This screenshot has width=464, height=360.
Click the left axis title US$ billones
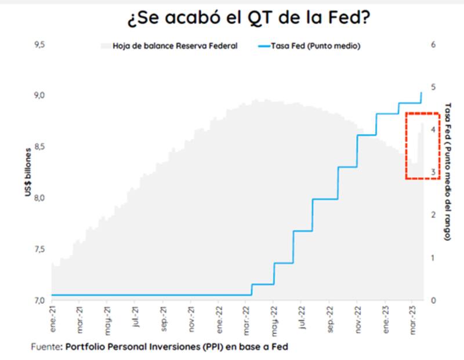click(x=28, y=172)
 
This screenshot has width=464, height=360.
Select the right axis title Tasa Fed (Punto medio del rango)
click(x=448, y=172)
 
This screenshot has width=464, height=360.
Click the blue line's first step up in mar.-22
click(x=252, y=290)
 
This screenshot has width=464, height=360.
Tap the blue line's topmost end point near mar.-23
click(x=421, y=93)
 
